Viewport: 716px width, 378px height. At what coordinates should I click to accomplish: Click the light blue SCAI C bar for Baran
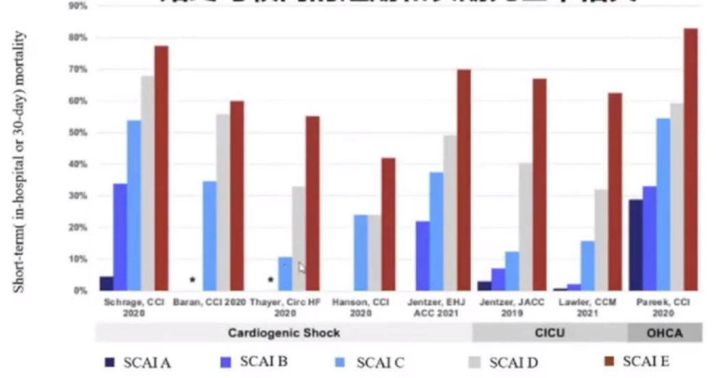[209, 236]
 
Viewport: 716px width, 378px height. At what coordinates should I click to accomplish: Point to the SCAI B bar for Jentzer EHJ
[423, 256]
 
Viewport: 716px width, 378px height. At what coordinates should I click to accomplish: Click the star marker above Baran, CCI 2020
[192, 280]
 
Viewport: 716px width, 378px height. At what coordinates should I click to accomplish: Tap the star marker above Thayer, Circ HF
[270, 280]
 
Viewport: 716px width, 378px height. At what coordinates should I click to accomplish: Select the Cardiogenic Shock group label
[283, 333]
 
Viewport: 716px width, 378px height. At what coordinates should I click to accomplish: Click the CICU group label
[550, 333]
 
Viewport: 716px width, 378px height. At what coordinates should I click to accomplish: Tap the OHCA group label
[665, 333]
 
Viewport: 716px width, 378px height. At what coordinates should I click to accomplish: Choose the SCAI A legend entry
[138, 362]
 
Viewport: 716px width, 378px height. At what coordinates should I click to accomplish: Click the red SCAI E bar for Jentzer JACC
[539, 185]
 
